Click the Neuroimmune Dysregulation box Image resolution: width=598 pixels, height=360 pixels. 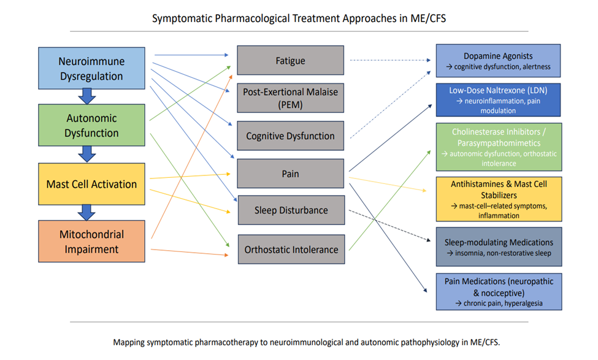(91, 68)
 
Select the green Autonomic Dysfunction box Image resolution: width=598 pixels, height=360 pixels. (91, 125)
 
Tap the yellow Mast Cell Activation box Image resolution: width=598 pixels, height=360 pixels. (91, 184)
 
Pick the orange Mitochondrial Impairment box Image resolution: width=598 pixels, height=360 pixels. (91, 241)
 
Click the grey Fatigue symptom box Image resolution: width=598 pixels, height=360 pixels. (290, 60)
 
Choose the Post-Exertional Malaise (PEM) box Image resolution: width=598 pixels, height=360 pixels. (290, 98)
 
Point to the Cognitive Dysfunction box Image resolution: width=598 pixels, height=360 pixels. (290, 136)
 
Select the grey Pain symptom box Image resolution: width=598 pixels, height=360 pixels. (290, 174)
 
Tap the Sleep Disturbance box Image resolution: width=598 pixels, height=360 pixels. (291, 210)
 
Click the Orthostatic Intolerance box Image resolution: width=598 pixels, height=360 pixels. (291, 250)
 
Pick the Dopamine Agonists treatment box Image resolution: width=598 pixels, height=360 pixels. (498, 61)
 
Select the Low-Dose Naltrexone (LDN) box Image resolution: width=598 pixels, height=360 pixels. (498, 100)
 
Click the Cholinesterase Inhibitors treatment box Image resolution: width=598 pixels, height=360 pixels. (499, 147)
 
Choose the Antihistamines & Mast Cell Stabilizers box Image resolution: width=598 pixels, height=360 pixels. (499, 199)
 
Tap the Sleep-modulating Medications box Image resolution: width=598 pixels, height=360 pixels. (499, 247)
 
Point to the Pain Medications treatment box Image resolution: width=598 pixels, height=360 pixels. (499, 292)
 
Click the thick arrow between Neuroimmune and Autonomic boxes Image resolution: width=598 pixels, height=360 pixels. (87, 96)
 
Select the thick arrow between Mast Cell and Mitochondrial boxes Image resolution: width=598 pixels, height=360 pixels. (87, 212)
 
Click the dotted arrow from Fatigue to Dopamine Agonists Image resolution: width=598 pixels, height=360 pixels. (390, 60)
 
